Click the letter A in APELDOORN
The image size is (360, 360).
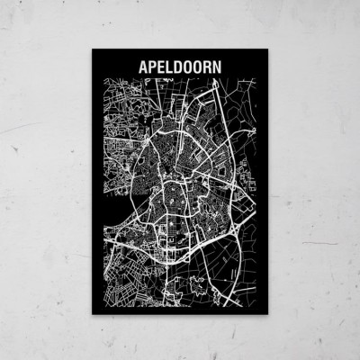[x=141, y=67]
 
